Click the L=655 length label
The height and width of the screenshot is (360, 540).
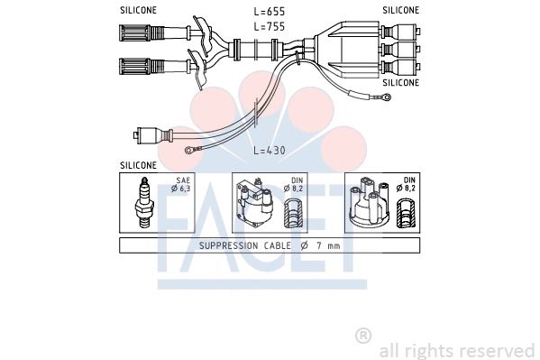[270, 11]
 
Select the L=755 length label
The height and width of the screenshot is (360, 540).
[270, 27]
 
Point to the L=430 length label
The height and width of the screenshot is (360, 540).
[270, 150]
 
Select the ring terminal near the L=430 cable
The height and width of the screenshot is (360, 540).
[188, 152]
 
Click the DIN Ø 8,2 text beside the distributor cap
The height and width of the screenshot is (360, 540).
[409, 185]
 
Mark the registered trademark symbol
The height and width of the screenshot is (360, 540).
[363, 336]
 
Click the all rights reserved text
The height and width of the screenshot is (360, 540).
[456, 350]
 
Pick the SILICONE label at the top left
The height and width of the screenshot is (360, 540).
[138, 10]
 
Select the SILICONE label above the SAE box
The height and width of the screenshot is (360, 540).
[138, 166]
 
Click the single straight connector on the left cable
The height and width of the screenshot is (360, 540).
[150, 136]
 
